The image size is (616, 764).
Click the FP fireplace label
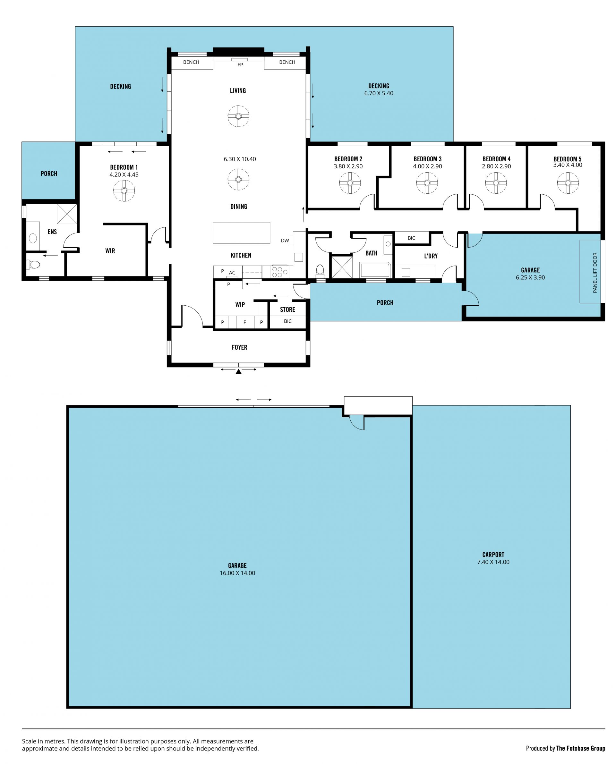(x=240, y=64)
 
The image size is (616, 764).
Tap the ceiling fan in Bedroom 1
(x=124, y=191)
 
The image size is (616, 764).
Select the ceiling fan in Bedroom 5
(x=568, y=183)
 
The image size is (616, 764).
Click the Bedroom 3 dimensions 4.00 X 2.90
(x=427, y=166)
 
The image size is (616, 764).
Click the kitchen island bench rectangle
(x=241, y=233)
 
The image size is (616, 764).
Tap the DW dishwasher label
(x=285, y=241)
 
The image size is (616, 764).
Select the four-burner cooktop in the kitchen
(x=280, y=272)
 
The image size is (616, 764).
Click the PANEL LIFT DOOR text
(x=595, y=272)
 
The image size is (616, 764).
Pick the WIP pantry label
(x=240, y=305)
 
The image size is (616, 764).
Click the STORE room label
(x=287, y=310)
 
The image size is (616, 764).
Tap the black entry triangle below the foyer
(x=239, y=371)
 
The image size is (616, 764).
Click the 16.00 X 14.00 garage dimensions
(x=237, y=573)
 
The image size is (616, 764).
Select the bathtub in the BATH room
(x=375, y=270)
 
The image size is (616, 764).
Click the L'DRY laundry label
(x=431, y=256)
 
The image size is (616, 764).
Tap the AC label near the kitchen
(x=232, y=273)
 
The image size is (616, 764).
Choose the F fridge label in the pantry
(x=245, y=322)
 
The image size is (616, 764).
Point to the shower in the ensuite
(x=67, y=214)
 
